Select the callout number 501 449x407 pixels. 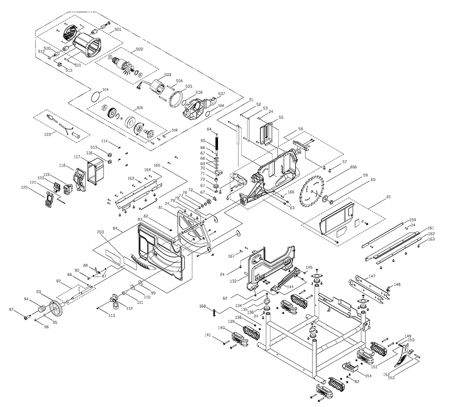click(118, 30)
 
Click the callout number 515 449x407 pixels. click(140, 108)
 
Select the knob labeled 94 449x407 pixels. click(42, 310)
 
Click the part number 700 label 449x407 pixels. click(100, 232)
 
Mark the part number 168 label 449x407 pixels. click(202, 306)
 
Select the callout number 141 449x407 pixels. click(207, 335)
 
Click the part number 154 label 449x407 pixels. click(368, 376)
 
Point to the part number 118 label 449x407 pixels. click(62, 166)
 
